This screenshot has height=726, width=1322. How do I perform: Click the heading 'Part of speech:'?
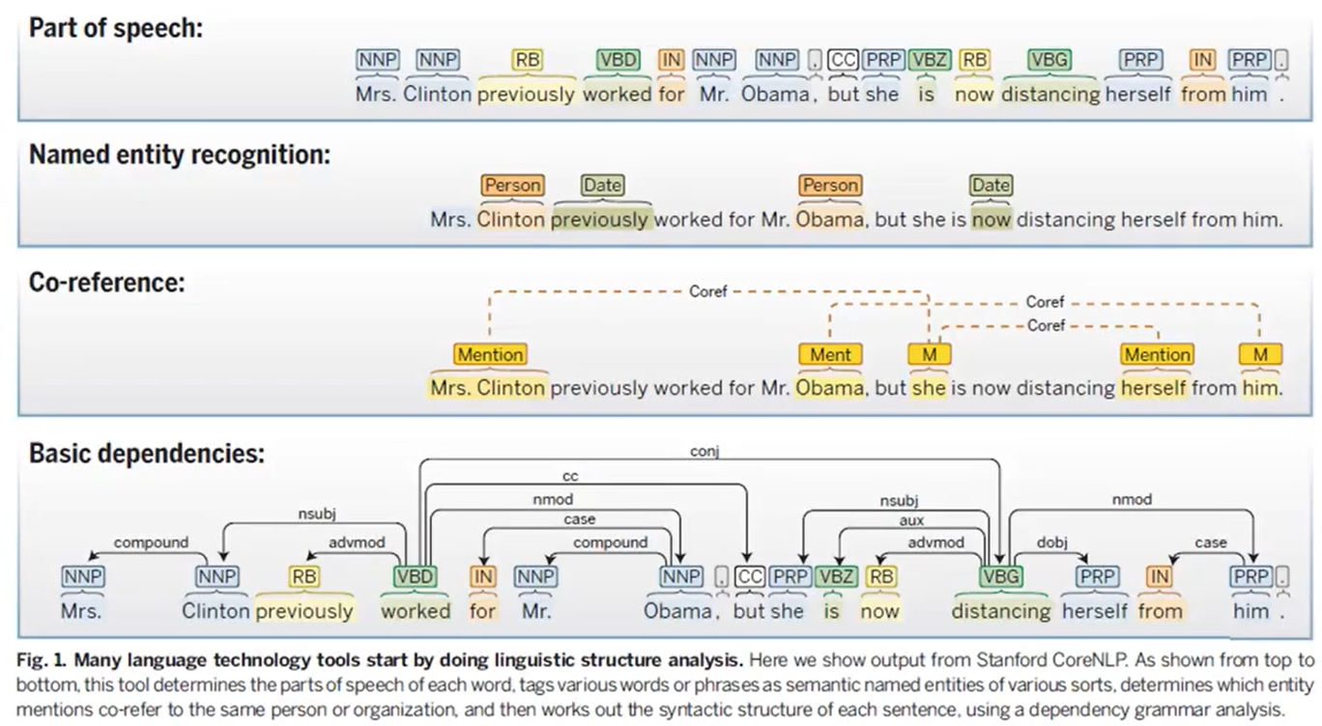coord(116,27)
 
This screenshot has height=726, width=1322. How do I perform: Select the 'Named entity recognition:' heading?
coord(179,154)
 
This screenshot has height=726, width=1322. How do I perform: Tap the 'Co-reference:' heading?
coord(106,283)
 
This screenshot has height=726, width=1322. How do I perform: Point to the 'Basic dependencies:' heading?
coord(146,453)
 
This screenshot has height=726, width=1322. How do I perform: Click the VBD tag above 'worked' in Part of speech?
coord(618,60)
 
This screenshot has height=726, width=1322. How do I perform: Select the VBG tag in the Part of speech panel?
coord(1049,60)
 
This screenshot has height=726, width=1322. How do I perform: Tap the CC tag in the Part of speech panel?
coord(844,60)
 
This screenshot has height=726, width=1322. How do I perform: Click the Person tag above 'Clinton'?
coord(512,185)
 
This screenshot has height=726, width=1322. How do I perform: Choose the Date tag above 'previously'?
coord(602,185)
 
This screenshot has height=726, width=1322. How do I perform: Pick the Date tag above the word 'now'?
coord(991,185)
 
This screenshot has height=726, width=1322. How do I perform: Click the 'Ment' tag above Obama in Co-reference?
coord(830,354)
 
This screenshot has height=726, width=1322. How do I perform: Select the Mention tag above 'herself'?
coord(1157,354)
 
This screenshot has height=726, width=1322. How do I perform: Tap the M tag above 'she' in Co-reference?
coord(930,354)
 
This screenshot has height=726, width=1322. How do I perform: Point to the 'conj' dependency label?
coord(704,450)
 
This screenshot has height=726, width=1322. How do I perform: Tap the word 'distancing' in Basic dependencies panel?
coord(1000,611)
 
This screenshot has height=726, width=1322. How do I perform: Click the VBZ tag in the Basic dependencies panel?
coord(836,576)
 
